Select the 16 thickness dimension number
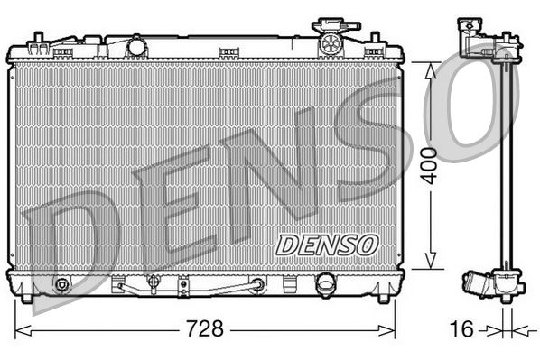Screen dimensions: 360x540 pos(461,328)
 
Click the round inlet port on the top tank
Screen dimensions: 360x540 pos(137,45)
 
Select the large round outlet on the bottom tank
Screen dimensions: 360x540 pos(323,286)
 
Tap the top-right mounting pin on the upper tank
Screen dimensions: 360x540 pos(373,39)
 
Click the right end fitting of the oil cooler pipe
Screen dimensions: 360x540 pos(258,285)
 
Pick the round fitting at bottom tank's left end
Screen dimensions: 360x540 pos(61,286)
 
